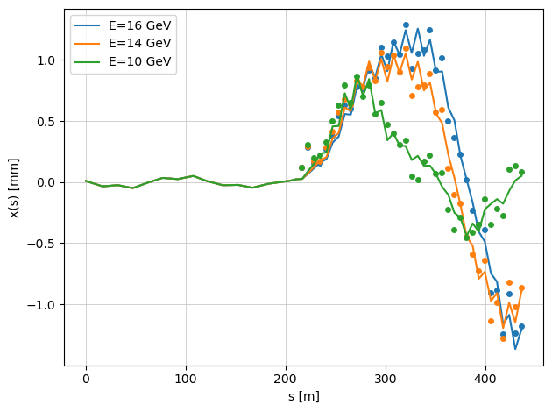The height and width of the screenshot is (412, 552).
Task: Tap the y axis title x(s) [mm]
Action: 16,182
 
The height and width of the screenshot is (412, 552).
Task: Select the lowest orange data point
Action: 503,337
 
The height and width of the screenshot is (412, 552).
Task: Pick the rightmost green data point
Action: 521,172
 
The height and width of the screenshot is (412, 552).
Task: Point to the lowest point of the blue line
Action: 515,349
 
